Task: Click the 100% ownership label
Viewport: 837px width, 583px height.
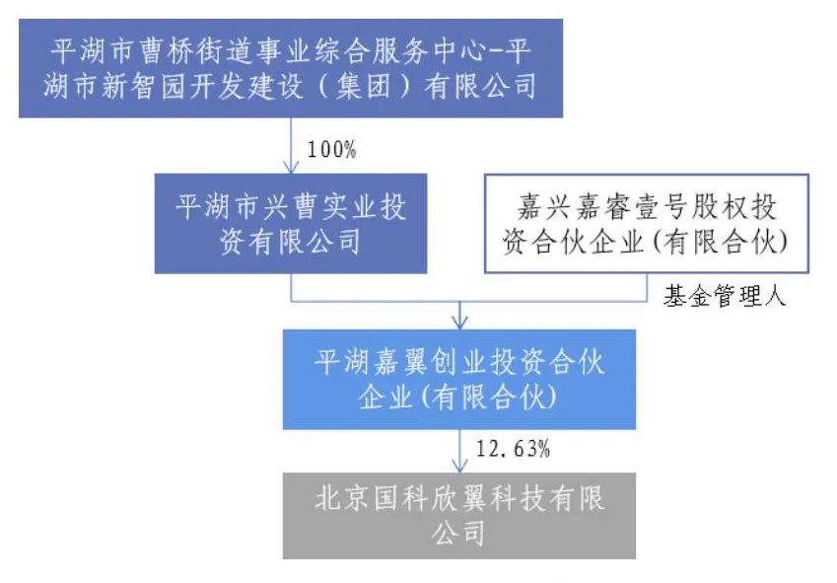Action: coord(331,150)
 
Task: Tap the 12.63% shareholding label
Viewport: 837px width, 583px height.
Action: coord(513,449)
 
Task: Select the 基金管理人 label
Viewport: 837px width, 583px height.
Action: coord(725,296)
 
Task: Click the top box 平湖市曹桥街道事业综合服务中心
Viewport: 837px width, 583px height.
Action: coord(291,68)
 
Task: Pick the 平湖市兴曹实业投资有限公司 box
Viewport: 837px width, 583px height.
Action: coord(291,223)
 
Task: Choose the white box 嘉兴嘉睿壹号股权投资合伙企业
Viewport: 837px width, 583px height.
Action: coord(647,223)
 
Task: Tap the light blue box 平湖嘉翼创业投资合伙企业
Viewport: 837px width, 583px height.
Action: coord(459,379)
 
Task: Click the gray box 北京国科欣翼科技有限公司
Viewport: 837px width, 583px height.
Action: coord(459,516)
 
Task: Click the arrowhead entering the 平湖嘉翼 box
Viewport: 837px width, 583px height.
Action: coord(459,322)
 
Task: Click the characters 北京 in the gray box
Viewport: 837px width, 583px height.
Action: coord(343,499)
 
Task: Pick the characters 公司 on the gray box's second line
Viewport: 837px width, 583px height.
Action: coord(459,534)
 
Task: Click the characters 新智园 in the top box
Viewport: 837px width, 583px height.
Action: coord(144,87)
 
